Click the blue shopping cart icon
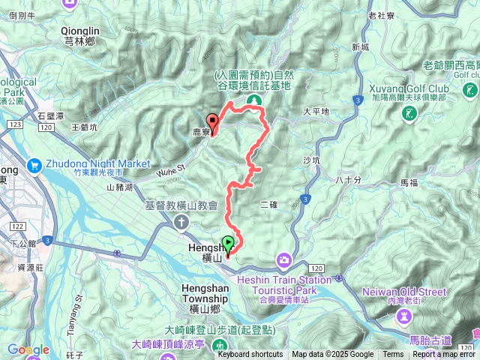(x=34, y=165)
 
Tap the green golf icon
(x=409, y=114)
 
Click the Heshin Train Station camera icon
(x=284, y=260)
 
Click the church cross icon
(x=181, y=221)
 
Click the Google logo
(x=28, y=350)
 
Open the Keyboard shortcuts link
(x=250, y=355)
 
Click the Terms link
(x=393, y=355)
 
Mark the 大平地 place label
(x=316, y=111)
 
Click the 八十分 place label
(x=349, y=179)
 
